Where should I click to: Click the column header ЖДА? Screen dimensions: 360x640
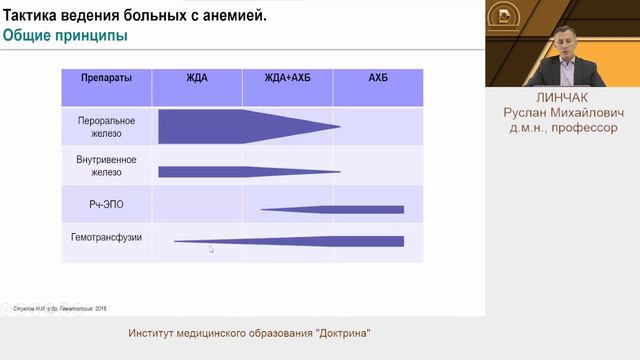[x=197, y=78]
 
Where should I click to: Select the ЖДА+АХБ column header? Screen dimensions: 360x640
[x=287, y=78]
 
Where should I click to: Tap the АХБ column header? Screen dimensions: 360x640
[x=378, y=78]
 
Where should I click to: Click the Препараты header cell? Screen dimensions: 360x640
[x=106, y=78]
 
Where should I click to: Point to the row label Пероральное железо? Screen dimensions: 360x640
[x=106, y=127]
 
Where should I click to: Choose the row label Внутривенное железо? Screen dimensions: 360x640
[x=106, y=166]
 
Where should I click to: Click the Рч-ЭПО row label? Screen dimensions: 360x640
[x=106, y=205]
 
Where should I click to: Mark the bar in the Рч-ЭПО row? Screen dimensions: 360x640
[x=340, y=209]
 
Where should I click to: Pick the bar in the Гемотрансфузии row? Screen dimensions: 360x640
[x=300, y=241]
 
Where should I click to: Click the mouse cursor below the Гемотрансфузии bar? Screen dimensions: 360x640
[x=211, y=250]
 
